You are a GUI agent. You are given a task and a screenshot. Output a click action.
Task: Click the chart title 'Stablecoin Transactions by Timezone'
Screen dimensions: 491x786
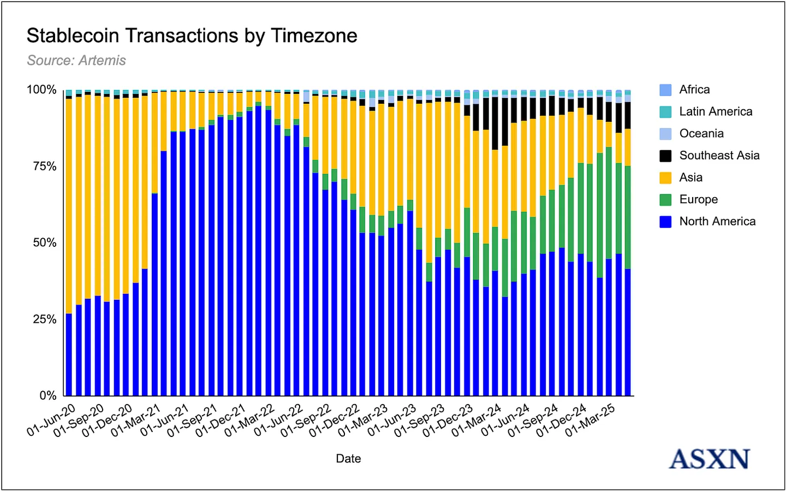192,36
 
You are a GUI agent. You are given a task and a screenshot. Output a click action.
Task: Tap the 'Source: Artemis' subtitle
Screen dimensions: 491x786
76,61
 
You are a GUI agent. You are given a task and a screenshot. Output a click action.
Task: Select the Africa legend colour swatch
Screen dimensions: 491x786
665,90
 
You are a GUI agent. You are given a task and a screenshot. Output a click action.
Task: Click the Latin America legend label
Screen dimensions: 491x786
716,111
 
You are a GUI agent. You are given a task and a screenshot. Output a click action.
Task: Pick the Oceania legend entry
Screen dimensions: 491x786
701,134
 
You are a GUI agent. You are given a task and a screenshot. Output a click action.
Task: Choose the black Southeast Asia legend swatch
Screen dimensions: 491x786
665,156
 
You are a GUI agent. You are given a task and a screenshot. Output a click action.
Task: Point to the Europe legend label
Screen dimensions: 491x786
698,199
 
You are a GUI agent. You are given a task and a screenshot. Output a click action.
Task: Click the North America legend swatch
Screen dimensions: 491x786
665,222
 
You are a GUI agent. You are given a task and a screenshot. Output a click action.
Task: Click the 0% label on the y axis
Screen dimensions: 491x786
47,396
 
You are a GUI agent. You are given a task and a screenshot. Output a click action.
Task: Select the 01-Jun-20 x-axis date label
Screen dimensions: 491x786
52,420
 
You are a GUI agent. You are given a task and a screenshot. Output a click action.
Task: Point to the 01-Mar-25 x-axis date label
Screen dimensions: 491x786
590,420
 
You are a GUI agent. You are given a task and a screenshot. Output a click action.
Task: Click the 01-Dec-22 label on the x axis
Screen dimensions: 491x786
334,420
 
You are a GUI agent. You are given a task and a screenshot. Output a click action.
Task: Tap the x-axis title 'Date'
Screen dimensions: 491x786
348,459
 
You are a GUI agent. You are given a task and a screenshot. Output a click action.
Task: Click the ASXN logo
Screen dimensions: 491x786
710,459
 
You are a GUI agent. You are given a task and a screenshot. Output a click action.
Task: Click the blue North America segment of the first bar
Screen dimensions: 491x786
69,355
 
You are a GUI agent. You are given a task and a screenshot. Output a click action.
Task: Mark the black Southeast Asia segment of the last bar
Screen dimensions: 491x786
628,115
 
